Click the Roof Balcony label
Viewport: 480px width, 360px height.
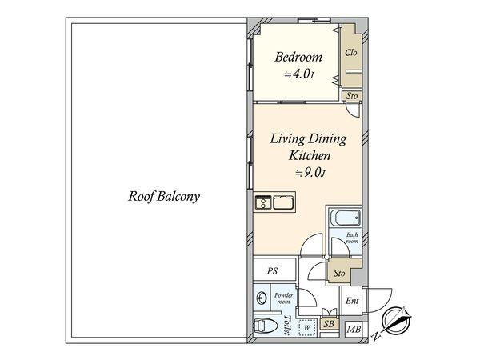click(164, 196)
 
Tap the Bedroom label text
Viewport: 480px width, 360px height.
click(298, 58)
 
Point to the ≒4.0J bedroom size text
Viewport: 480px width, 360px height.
click(299, 74)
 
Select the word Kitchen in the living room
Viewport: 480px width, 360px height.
click(310, 155)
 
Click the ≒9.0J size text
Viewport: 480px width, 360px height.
click(310, 173)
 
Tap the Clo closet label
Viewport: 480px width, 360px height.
click(351, 53)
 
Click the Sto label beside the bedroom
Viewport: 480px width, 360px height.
click(352, 96)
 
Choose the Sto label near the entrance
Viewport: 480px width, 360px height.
click(339, 273)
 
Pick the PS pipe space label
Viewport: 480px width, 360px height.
click(272, 271)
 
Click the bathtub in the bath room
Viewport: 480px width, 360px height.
click(346, 218)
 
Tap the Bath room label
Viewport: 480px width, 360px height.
click(352, 238)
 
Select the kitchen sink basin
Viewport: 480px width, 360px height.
click(283, 202)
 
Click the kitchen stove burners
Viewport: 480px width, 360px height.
click(263, 202)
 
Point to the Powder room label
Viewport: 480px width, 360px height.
click(283, 298)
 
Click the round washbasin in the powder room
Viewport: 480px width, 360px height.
click(261, 298)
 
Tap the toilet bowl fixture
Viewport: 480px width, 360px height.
click(265, 325)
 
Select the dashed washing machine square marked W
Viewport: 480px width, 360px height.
click(307, 327)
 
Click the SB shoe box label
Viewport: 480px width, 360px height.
click(329, 324)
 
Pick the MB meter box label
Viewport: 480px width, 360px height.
click(354, 330)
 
